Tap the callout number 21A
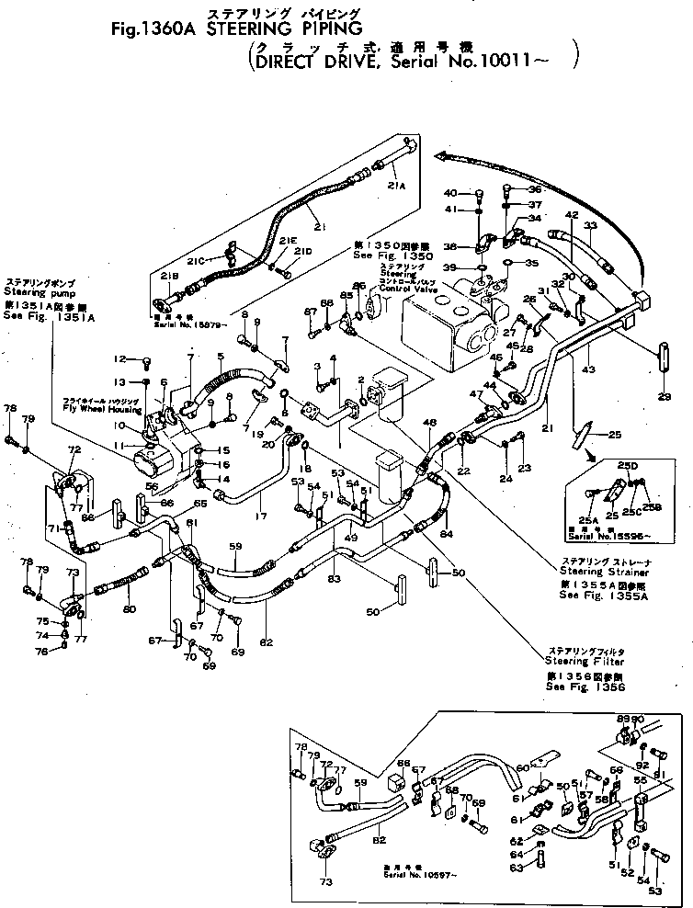pos(396,187)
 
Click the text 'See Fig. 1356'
pos(585,687)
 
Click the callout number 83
pos(333,578)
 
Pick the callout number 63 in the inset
pos(516,867)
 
